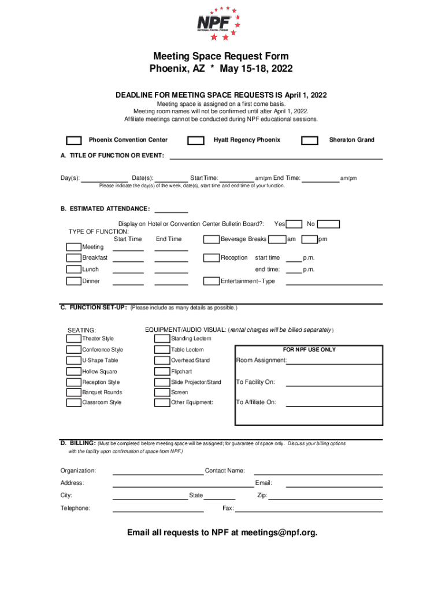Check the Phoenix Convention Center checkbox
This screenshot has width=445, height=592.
73,140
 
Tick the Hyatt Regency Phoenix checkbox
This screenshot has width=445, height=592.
196,140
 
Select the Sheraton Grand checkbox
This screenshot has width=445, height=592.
310,140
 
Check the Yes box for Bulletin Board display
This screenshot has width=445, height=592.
295,224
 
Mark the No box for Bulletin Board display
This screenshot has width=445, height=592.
329,224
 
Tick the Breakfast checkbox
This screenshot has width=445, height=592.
73,258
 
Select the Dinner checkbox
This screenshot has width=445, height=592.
73,282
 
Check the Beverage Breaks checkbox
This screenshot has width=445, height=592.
211,239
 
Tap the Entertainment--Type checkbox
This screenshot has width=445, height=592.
211,282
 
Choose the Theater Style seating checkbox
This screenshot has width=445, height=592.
73,339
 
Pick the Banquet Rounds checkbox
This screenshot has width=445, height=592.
73,393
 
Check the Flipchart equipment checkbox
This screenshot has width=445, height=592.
162,372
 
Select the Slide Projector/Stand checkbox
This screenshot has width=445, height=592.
162,382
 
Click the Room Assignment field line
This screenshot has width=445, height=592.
335,361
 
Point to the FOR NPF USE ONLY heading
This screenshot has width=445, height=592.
309,350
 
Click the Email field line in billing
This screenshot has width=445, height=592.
328,483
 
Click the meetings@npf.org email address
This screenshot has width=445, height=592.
279,532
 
